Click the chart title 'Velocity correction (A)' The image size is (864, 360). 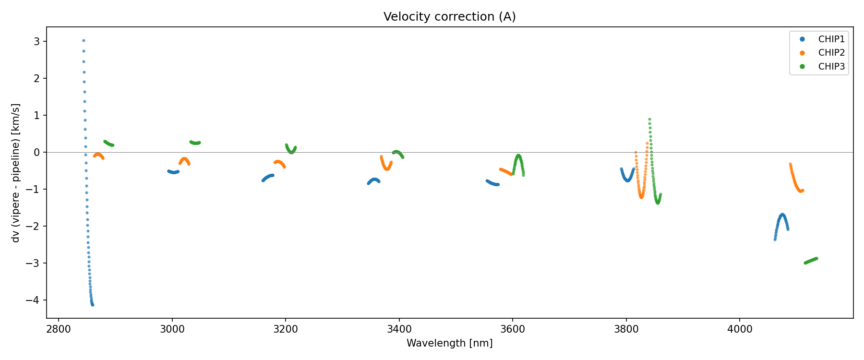[449, 17]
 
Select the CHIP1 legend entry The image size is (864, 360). [831, 39]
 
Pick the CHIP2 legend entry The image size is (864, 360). [831, 53]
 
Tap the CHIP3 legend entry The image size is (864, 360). [831, 67]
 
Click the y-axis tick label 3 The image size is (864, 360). [37, 41]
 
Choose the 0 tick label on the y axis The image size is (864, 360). [37, 152]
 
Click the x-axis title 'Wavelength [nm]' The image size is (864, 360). [449, 343]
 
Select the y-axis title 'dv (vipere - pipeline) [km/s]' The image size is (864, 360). [16, 173]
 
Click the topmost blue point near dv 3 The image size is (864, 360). [84, 41]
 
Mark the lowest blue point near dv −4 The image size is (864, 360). [93, 305]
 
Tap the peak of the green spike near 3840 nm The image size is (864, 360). [649, 119]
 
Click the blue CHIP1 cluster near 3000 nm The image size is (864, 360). [173, 172]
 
